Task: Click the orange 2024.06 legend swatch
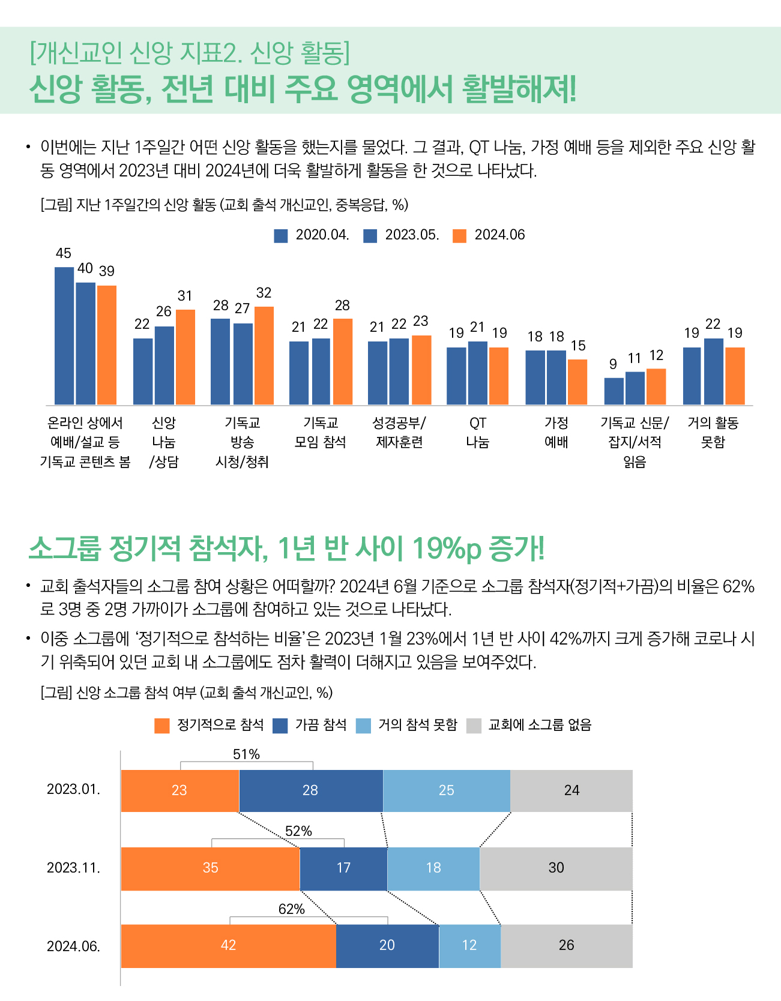(x=459, y=235)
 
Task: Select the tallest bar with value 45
(x=64, y=335)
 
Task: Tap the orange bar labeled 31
(x=185, y=357)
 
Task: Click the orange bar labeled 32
(x=264, y=355)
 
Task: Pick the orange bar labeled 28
(x=343, y=361)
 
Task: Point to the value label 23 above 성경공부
(x=421, y=321)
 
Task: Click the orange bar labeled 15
(x=577, y=382)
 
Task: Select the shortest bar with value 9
(x=614, y=391)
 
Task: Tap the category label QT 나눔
(x=478, y=433)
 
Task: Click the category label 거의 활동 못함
(x=713, y=433)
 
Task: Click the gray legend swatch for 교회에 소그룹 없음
(x=474, y=726)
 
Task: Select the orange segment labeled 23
(x=180, y=790)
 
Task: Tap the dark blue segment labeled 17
(x=343, y=868)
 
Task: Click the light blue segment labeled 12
(x=469, y=946)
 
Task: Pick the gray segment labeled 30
(x=556, y=868)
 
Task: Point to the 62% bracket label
(x=292, y=909)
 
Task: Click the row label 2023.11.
(x=73, y=868)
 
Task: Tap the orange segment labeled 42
(x=228, y=946)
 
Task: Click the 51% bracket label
(x=247, y=754)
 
